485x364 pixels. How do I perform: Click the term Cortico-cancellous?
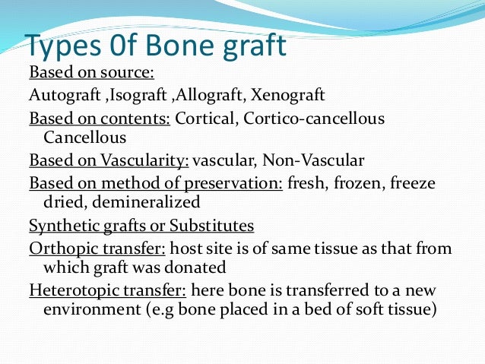tap(318, 119)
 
